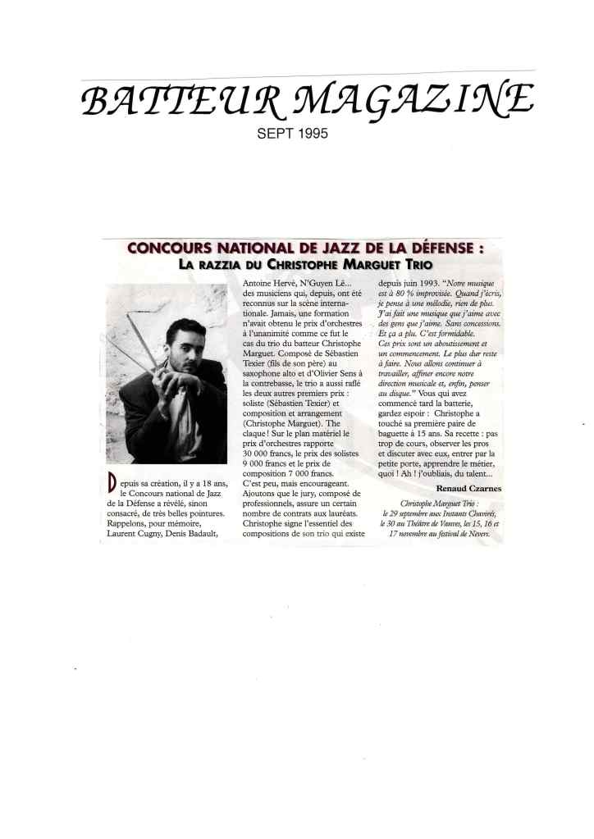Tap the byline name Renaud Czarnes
point(468,488)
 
